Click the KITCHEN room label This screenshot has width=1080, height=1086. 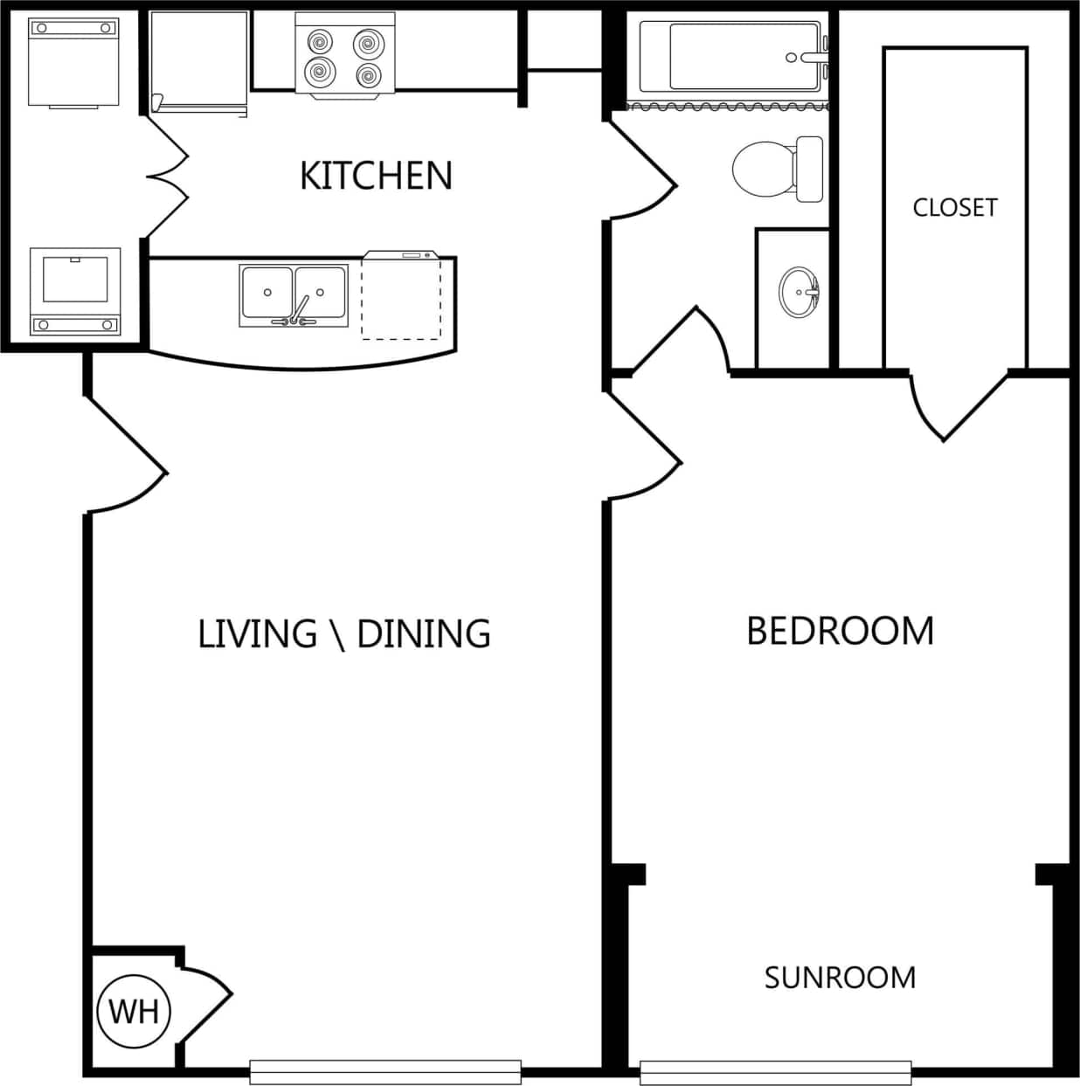(376, 176)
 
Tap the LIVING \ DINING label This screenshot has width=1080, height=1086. (344, 634)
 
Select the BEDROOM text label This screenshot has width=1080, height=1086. (840, 631)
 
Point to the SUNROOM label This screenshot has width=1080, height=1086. (840, 977)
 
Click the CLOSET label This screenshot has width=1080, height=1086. (954, 208)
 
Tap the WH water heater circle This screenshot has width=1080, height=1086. (134, 1011)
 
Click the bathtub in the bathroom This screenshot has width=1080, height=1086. (732, 57)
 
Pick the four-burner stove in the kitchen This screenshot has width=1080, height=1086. (345, 55)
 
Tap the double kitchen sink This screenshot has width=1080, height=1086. (294, 295)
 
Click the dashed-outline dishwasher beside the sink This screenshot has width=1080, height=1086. (401, 297)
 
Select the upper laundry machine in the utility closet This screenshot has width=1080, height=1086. (73, 61)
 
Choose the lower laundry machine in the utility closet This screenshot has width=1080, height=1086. (74, 291)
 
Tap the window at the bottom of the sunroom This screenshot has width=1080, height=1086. (775, 1071)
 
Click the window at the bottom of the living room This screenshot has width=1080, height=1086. (385, 1070)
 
